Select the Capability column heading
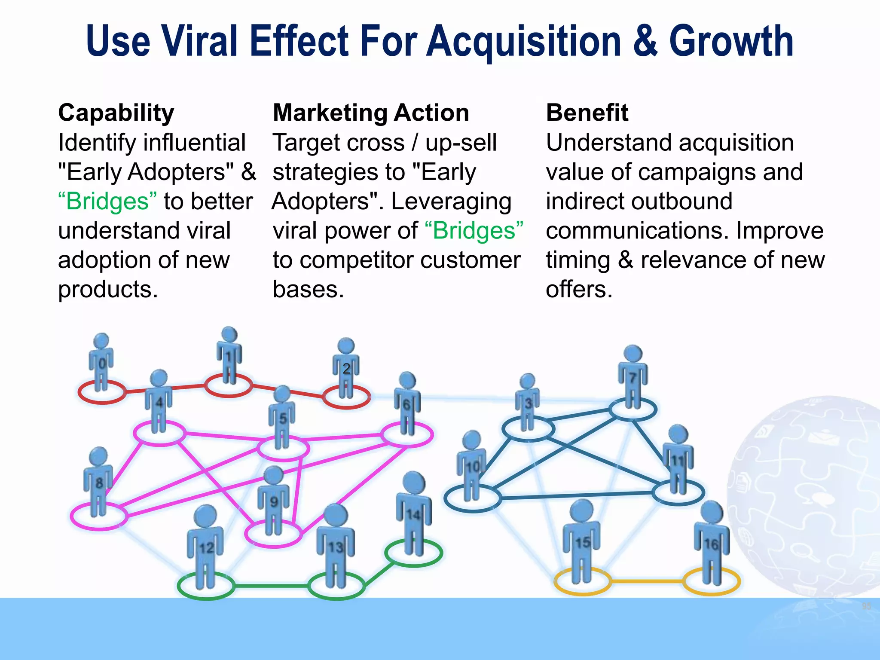coord(116,113)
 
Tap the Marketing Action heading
coord(371,113)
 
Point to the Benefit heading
coord(587,113)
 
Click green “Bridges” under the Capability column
coord(107,201)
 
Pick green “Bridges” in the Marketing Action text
coord(474,230)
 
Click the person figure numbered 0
coord(101,363)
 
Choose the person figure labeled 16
coord(712,544)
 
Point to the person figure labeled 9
coord(273,501)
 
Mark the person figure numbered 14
coord(413,513)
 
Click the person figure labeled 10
coord(472,466)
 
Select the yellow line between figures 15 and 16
coord(647,581)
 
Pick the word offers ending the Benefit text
coord(578,289)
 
